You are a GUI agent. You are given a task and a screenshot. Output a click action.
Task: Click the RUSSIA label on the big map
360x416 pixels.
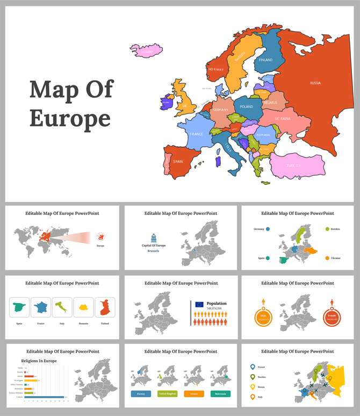(x=315, y=83)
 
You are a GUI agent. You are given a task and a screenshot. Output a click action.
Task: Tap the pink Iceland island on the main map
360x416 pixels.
(x=145, y=51)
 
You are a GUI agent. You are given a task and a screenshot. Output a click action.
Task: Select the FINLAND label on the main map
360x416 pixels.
(x=266, y=60)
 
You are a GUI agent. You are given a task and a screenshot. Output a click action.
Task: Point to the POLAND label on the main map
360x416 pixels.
(x=246, y=106)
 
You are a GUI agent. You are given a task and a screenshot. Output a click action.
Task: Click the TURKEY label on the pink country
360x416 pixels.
(x=293, y=166)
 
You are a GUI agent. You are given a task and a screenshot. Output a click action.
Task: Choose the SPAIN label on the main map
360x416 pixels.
(x=178, y=161)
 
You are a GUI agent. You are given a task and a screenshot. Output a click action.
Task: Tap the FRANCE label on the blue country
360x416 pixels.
(x=196, y=134)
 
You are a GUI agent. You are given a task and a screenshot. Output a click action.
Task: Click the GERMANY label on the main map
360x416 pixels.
(x=220, y=110)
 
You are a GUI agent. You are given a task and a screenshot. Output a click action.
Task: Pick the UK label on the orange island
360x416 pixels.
(x=185, y=106)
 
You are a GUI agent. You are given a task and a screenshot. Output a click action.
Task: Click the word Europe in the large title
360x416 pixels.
(x=70, y=118)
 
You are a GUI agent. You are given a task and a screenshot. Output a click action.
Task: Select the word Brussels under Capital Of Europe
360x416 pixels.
(x=154, y=251)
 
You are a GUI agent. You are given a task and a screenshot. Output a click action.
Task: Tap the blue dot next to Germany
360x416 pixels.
(x=268, y=229)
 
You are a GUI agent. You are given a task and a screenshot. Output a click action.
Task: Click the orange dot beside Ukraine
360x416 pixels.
(x=326, y=259)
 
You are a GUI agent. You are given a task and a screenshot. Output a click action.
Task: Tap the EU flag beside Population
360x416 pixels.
(x=199, y=304)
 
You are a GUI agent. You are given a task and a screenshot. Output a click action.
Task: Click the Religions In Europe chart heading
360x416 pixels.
(x=39, y=361)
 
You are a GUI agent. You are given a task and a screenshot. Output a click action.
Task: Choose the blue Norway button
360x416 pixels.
(x=141, y=394)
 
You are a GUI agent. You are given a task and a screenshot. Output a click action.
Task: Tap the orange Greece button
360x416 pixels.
(x=195, y=394)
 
